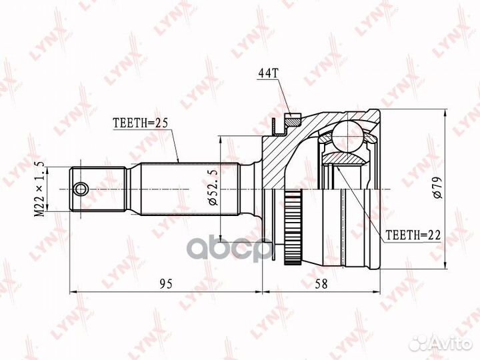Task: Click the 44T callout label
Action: (x=268, y=73)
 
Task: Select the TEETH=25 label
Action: (x=141, y=123)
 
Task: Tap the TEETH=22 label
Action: (x=413, y=235)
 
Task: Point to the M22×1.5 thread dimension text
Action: (x=40, y=189)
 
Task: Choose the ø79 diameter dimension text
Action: (x=438, y=187)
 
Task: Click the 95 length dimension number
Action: (x=166, y=284)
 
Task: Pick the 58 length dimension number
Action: (x=321, y=284)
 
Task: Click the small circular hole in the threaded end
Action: (x=81, y=189)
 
